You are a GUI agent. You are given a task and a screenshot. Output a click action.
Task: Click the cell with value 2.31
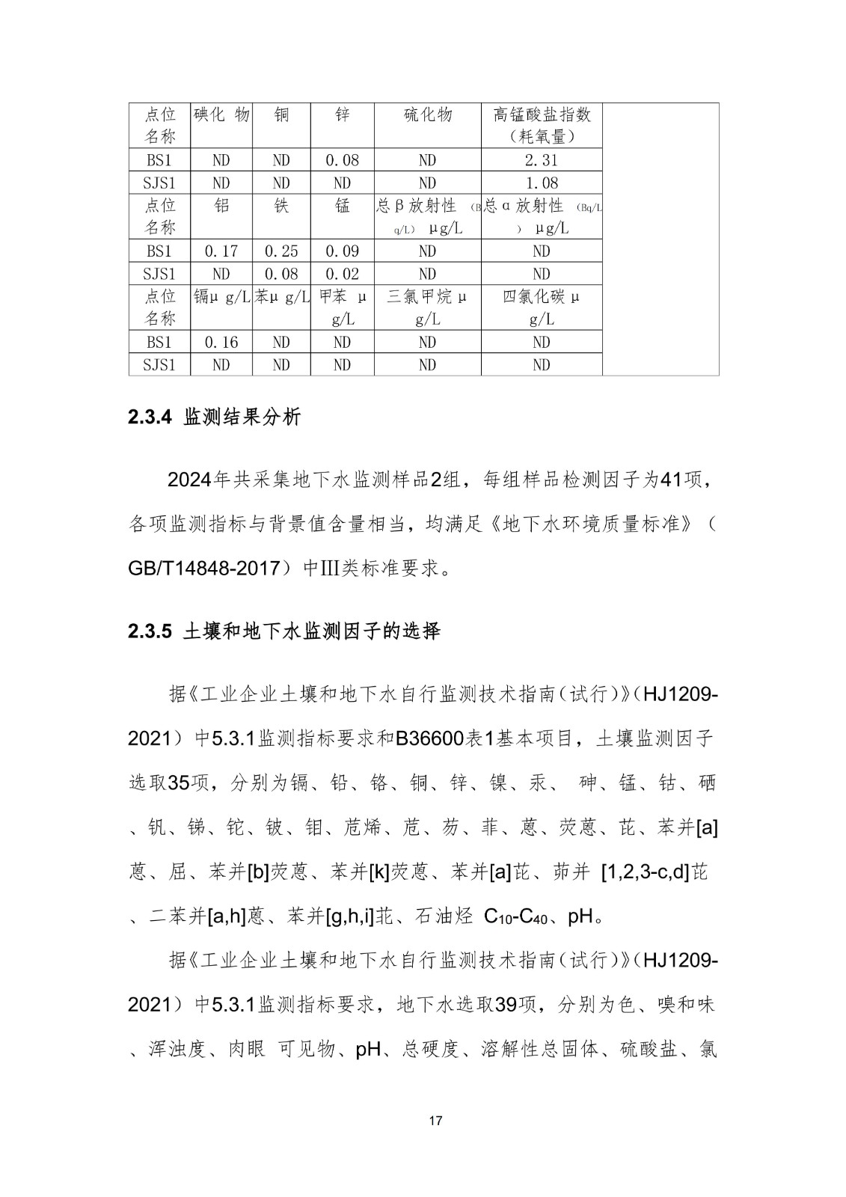[541, 160]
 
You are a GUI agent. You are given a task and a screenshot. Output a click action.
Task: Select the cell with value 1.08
[541, 183]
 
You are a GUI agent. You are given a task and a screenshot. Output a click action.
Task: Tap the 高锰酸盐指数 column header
[541, 125]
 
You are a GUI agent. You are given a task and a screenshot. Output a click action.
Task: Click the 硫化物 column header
[427, 115]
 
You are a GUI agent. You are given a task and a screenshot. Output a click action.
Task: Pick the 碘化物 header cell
[221, 115]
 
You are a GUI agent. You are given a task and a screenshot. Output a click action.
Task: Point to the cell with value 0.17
[221, 251]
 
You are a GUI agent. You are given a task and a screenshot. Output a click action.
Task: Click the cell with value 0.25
[281, 251]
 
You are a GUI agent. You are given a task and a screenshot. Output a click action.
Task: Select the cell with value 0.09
[342, 251]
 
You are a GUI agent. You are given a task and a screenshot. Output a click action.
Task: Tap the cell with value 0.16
[221, 343]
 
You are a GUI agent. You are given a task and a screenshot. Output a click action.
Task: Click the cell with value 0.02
[342, 274]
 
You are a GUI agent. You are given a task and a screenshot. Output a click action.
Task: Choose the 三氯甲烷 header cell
[427, 307]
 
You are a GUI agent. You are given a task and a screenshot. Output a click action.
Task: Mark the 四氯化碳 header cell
[541, 307]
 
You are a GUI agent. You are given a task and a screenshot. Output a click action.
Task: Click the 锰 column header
[342, 206]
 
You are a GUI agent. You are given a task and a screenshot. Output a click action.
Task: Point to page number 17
[437, 1121]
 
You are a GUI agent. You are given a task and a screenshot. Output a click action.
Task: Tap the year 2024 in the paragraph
[190, 480]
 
